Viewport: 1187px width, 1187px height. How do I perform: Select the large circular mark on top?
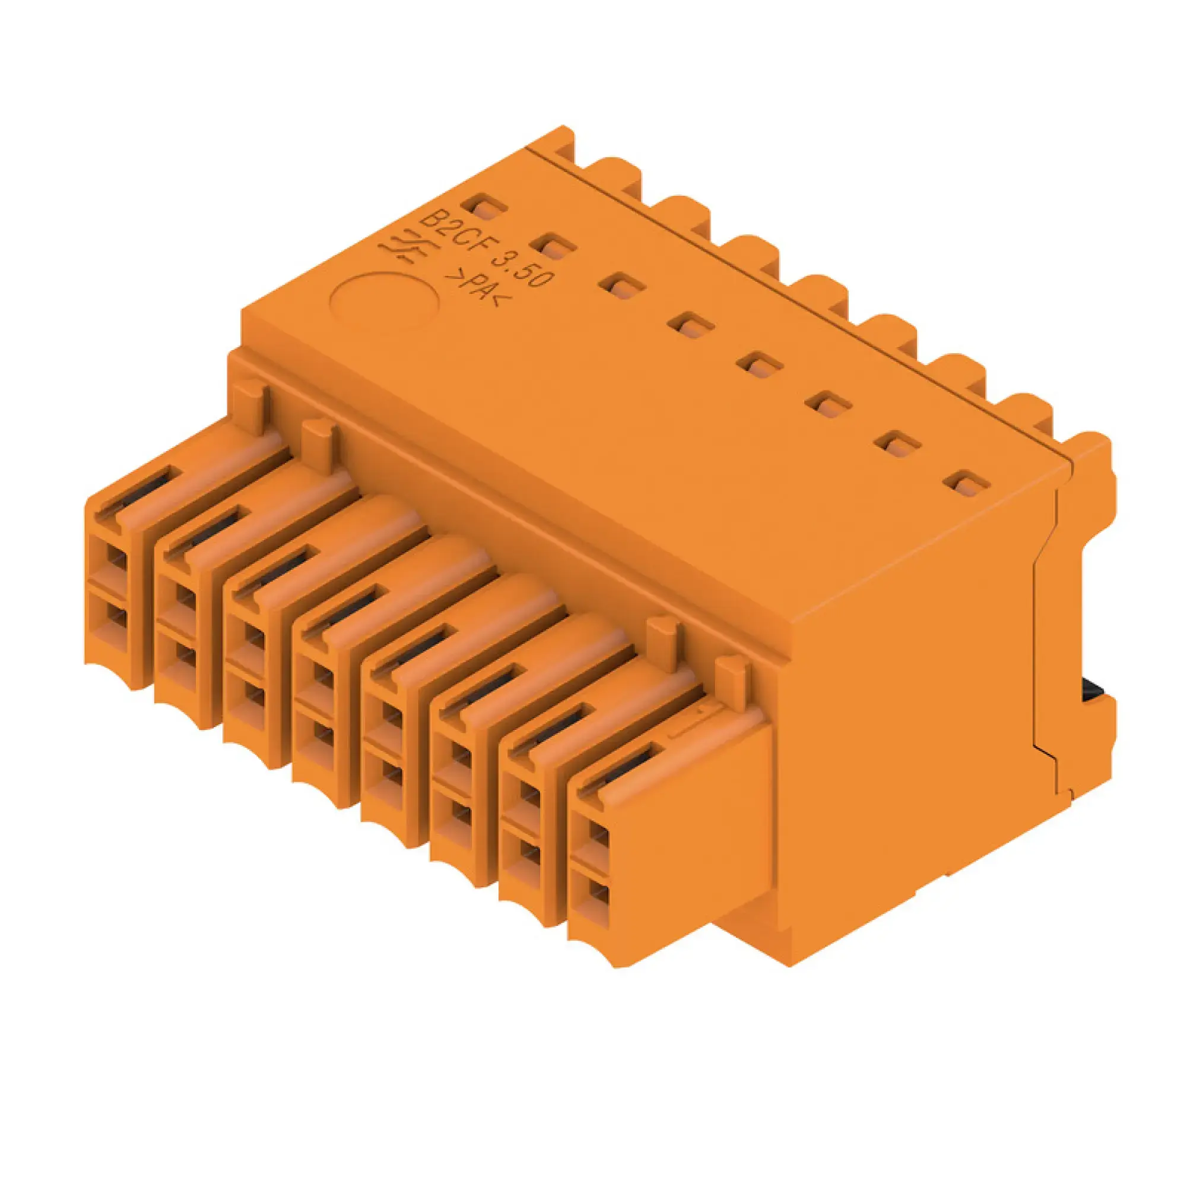[x=385, y=299]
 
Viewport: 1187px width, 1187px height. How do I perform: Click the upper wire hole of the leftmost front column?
[x=116, y=560]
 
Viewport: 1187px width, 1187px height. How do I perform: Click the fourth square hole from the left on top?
[x=693, y=325]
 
